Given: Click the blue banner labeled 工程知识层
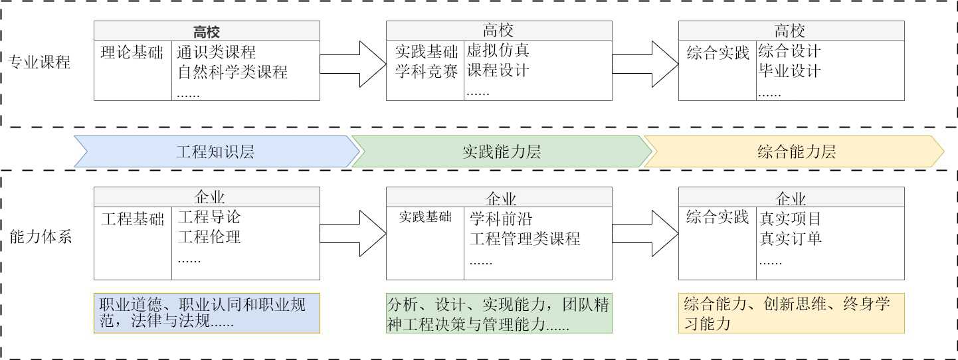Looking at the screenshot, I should point(215,151).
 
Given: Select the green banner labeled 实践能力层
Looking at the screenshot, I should point(501,151).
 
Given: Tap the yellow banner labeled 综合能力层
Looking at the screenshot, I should point(795,151).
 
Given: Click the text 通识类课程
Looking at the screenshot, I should point(217,52).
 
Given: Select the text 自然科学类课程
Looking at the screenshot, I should point(233,72).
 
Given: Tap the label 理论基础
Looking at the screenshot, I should point(132,52).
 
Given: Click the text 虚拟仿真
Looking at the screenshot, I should point(498,51).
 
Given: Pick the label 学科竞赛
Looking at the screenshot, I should point(427,72).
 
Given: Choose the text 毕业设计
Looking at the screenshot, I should point(789,71).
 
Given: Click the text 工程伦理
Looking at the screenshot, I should point(209,236).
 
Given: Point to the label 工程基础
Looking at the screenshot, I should point(132,219).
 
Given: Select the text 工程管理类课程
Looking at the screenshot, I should point(525,238).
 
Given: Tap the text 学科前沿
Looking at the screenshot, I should point(501,219).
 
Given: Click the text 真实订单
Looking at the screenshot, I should point(791,238).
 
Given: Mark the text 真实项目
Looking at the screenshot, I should point(791,218).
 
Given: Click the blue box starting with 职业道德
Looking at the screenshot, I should point(207,313).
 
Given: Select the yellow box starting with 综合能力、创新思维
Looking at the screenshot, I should point(791,313).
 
